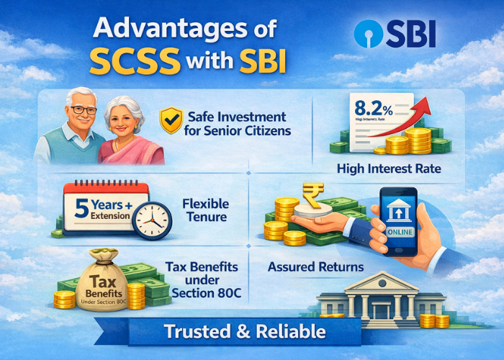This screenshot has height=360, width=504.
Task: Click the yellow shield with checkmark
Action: click(x=171, y=121)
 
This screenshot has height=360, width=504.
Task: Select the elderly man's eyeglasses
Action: click(x=83, y=109)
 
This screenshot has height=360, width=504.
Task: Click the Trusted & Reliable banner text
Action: click(x=245, y=332)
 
